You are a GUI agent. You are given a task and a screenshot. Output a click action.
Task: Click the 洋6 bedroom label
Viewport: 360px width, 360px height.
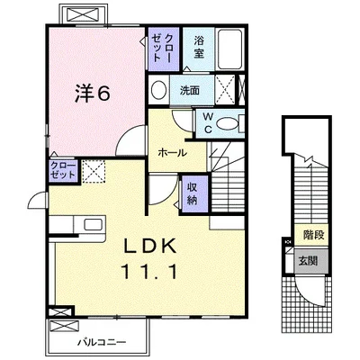[x=93, y=93]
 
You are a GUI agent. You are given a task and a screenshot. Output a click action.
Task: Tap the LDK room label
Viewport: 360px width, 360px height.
[x=150, y=247]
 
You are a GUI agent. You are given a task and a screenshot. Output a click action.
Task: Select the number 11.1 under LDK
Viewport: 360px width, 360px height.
[x=149, y=272]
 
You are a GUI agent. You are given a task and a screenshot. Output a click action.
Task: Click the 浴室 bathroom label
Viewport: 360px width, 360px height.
[x=199, y=47]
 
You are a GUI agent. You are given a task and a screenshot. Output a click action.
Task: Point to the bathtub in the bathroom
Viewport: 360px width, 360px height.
[x=229, y=49]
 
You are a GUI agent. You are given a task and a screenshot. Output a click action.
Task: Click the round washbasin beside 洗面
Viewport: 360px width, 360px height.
[x=158, y=90]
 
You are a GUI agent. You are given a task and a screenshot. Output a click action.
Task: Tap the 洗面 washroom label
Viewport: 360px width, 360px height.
[x=190, y=90]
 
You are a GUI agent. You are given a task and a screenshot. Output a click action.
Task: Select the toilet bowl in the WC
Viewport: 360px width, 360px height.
[x=227, y=123]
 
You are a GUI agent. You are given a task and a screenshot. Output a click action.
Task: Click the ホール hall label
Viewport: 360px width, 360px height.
[x=172, y=153]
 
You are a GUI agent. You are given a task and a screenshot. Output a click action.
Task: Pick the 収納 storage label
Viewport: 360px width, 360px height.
[x=192, y=193]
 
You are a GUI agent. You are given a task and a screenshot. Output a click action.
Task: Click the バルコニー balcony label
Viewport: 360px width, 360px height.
[x=102, y=342]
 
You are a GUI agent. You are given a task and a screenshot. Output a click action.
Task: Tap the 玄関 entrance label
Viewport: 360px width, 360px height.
[x=308, y=260]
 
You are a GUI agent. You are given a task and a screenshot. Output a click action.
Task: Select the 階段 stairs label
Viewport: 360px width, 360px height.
[x=314, y=235]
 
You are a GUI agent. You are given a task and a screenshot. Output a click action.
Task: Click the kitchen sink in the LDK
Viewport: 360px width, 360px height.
[x=93, y=225]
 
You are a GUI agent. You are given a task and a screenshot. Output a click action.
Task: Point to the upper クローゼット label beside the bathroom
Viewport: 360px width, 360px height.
[x=162, y=48]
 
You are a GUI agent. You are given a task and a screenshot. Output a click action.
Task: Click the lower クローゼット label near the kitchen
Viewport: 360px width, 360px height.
[x=63, y=170]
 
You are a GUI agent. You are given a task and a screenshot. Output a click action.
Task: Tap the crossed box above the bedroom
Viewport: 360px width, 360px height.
[x=83, y=13]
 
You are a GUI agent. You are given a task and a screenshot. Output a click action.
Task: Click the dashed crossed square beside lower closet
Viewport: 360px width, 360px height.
[x=94, y=171]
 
